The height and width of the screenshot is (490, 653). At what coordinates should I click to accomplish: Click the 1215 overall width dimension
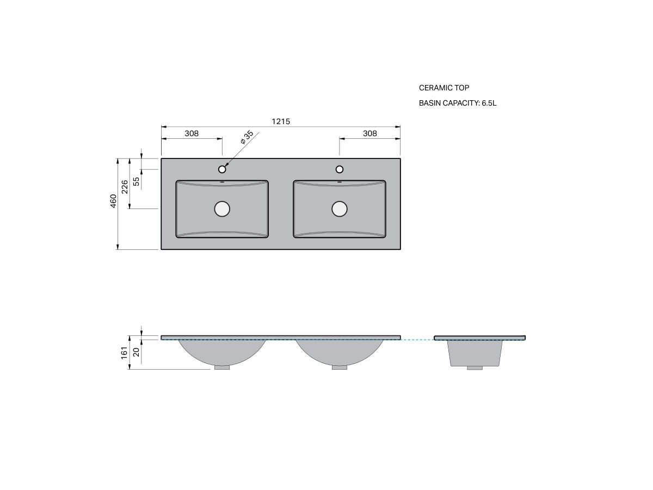281,121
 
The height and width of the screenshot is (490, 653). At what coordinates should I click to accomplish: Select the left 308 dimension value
192,133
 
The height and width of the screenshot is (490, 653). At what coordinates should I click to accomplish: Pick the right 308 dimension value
369,133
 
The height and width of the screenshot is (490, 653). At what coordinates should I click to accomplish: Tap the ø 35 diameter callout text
247,137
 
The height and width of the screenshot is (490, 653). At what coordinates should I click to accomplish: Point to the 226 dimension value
125,186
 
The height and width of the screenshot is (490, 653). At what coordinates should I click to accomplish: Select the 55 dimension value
137,181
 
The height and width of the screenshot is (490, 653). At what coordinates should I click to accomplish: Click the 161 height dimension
124,352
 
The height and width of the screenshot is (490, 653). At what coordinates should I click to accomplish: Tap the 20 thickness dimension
136,352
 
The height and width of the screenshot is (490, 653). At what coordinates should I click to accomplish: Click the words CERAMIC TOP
443,88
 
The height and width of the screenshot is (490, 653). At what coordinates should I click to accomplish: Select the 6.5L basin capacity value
489,103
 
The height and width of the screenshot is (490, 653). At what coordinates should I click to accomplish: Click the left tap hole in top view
222,169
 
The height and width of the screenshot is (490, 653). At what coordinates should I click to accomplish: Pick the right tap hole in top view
340,169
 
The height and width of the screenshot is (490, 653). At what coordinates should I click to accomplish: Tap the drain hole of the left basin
222,209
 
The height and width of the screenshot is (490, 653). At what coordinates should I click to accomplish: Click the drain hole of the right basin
340,209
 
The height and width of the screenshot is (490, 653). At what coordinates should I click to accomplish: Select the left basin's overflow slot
222,182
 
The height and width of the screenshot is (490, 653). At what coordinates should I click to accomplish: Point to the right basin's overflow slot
340,182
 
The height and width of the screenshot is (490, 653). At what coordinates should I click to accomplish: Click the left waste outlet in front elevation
222,367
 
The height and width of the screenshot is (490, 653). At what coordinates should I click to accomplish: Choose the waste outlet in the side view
475,368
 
